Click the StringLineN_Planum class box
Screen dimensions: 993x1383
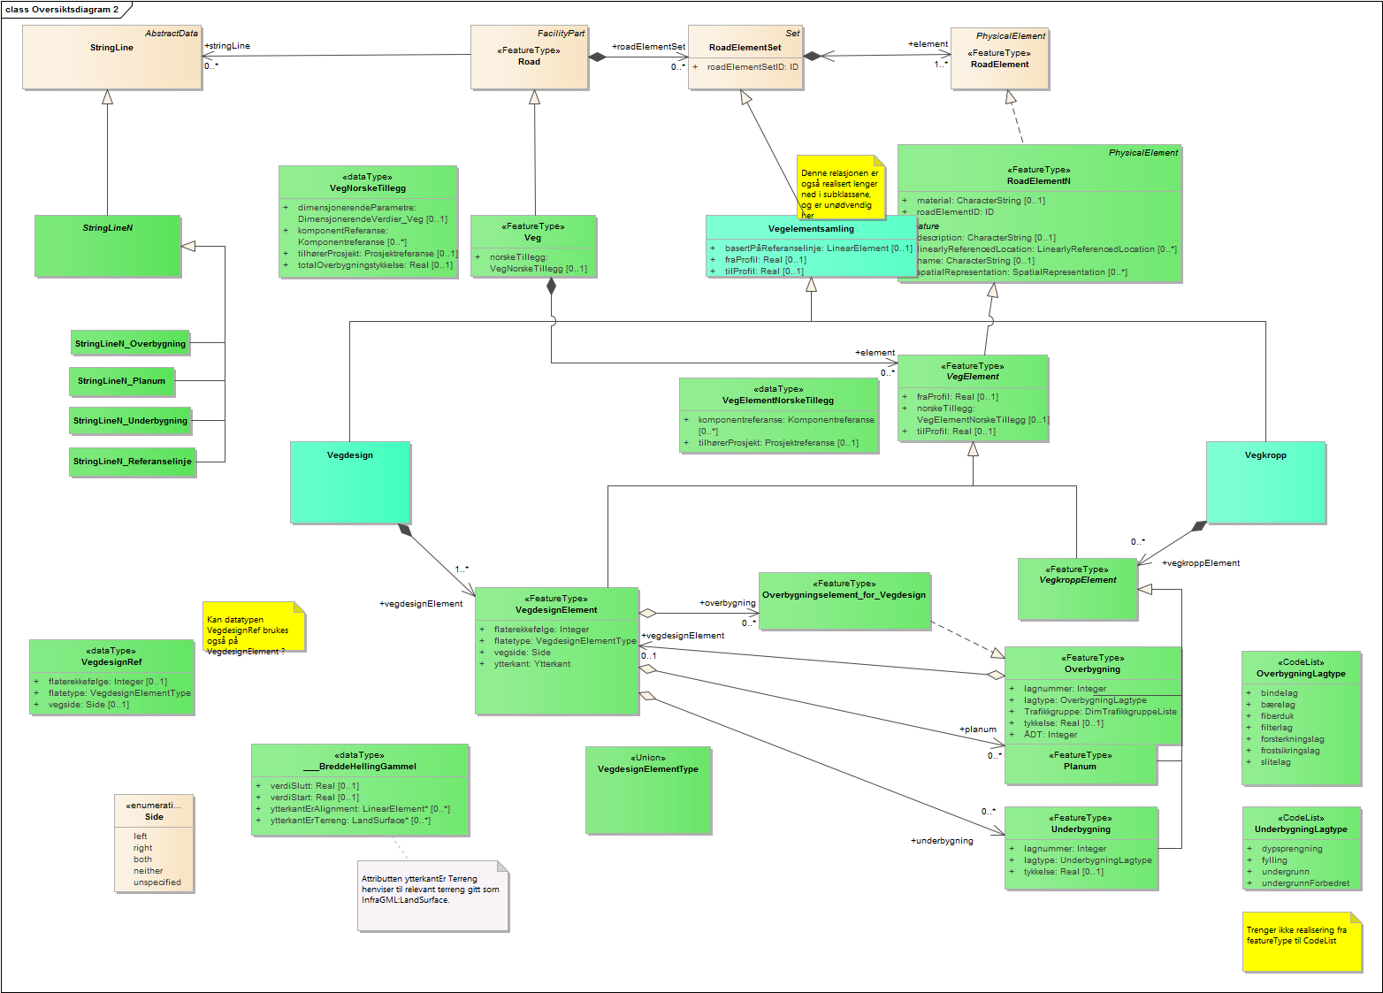[121, 381]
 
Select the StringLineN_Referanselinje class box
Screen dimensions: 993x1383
[132, 462]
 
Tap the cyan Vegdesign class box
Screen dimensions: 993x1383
[350, 482]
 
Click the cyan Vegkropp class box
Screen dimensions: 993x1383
[1265, 482]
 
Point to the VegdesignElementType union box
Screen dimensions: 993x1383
[648, 789]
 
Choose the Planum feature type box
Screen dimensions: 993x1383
[1080, 765]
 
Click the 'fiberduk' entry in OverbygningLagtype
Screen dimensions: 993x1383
[1277, 716]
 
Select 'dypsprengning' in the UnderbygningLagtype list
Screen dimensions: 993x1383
[1292, 849]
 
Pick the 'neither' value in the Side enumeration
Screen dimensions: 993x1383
[148, 871]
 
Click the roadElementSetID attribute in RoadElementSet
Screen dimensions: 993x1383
[752, 67]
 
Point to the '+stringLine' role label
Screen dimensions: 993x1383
[227, 46]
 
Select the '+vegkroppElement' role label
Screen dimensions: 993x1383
[1201, 563]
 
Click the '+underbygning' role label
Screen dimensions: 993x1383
[942, 841]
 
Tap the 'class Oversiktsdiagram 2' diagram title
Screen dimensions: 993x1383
[62, 10]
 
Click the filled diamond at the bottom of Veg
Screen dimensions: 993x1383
[551, 286]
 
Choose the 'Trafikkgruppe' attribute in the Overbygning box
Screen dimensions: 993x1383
[1100, 712]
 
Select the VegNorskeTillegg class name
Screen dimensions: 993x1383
[368, 188]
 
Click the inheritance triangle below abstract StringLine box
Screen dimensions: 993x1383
[107, 97]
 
